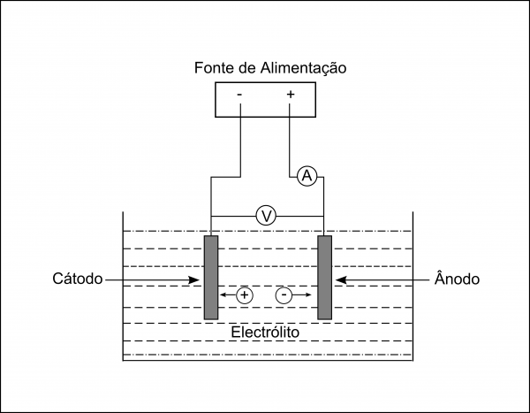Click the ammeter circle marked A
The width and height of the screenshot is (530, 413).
click(307, 177)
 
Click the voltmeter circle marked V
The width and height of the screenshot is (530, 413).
click(264, 215)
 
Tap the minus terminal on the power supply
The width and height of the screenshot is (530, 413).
click(240, 93)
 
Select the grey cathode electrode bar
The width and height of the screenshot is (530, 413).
click(210, 277)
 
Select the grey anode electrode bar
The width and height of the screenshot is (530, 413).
click(324, 277)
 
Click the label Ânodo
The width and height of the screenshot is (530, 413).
click(457, 279)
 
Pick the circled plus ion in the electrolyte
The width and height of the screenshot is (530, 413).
click(245, 295)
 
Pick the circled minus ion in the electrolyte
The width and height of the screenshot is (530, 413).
click(284, 295)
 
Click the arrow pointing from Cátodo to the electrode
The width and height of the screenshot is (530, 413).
click(155, 280)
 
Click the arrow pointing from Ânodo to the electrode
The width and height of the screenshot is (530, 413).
click(380, 280)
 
